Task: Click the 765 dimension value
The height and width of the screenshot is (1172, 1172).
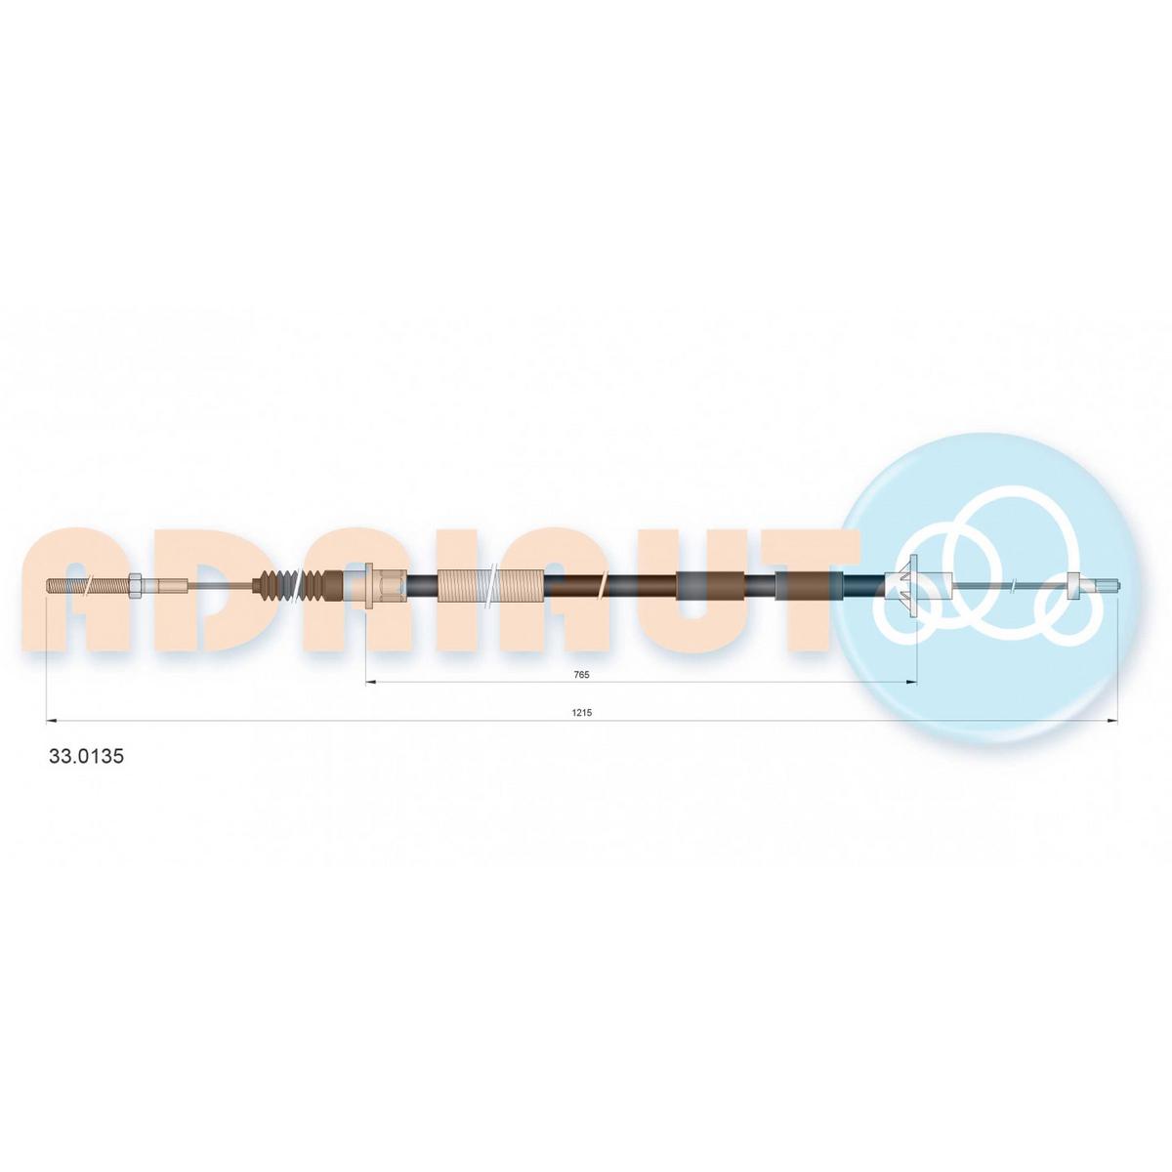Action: pyautogui.click(x=581, y=674)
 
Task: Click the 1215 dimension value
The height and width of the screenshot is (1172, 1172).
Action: pyautogui.click(x=581, y=712)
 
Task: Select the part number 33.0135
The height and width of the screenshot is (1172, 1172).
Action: pyautogui.click(x=86, y=756)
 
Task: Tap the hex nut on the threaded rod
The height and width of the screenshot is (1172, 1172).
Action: pyautogui.click(x=135, y=586)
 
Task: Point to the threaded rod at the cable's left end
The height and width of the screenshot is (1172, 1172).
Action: pyautogui.click(x=87, y=586)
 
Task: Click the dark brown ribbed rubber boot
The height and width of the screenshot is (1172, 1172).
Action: pyautogui.click(x=293, y=586)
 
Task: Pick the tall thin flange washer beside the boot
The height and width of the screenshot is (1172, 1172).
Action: pyautogui.click(x=368, y=586)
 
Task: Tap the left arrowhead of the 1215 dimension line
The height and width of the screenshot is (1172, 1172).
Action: pyautogui.click(x=51, y=722)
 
